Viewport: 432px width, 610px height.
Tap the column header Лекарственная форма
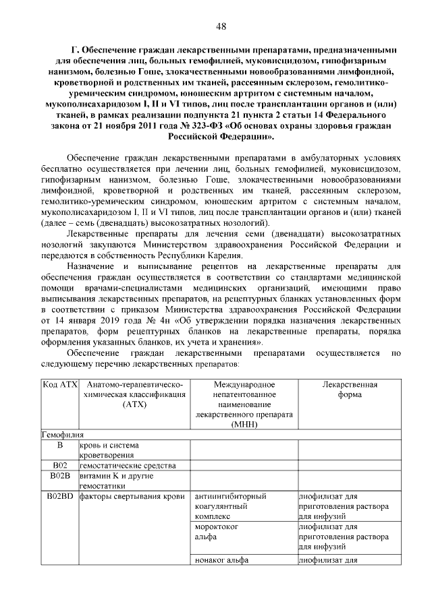(x=348, y=390)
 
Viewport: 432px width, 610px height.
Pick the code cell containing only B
(x=59, y=446)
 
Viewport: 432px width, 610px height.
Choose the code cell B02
(x=59, y=466)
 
